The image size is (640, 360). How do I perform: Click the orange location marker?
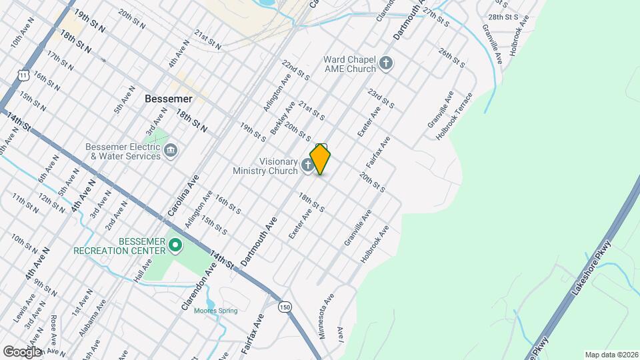coord(321,159)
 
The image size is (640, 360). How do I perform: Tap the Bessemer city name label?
coord(168,99)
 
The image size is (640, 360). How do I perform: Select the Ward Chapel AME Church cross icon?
coord(385,64)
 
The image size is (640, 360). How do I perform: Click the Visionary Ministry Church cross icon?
coord(308,165)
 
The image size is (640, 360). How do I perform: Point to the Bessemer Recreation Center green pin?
coord(175,246)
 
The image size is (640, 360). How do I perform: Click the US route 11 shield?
coord(24,76)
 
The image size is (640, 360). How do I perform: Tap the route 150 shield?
coord(285,307)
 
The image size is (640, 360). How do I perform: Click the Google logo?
coord(22,351)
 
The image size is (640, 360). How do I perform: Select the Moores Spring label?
coord(215,310)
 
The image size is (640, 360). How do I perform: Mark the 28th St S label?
coord(503,17)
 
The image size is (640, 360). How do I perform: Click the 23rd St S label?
coord(383,101)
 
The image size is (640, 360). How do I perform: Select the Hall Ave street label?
coord(143,271)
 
